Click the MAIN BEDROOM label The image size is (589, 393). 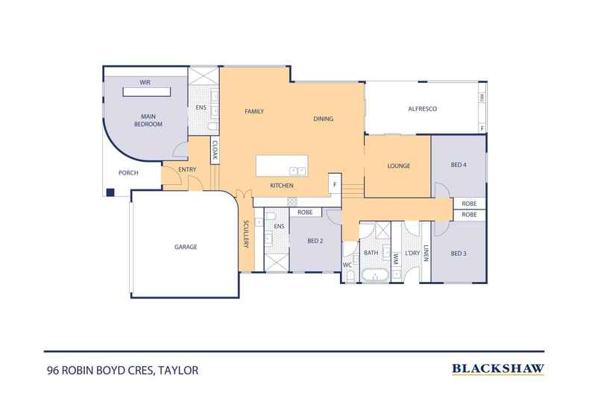point(148,119)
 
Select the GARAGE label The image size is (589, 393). point(186,247)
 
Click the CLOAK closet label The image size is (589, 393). point(214,151)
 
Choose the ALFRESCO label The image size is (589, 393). point(421,110)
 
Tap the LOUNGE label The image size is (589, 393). point(398,166)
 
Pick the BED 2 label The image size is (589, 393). point(315,240)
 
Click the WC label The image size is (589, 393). point(347,265)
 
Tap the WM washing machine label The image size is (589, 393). point(396,259)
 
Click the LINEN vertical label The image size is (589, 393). point(426,254)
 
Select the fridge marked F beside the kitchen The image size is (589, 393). point(335,183)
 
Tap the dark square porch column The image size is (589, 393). point(110,192)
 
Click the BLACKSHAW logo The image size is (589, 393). point(498,368)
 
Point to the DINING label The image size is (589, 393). point(323,119)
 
